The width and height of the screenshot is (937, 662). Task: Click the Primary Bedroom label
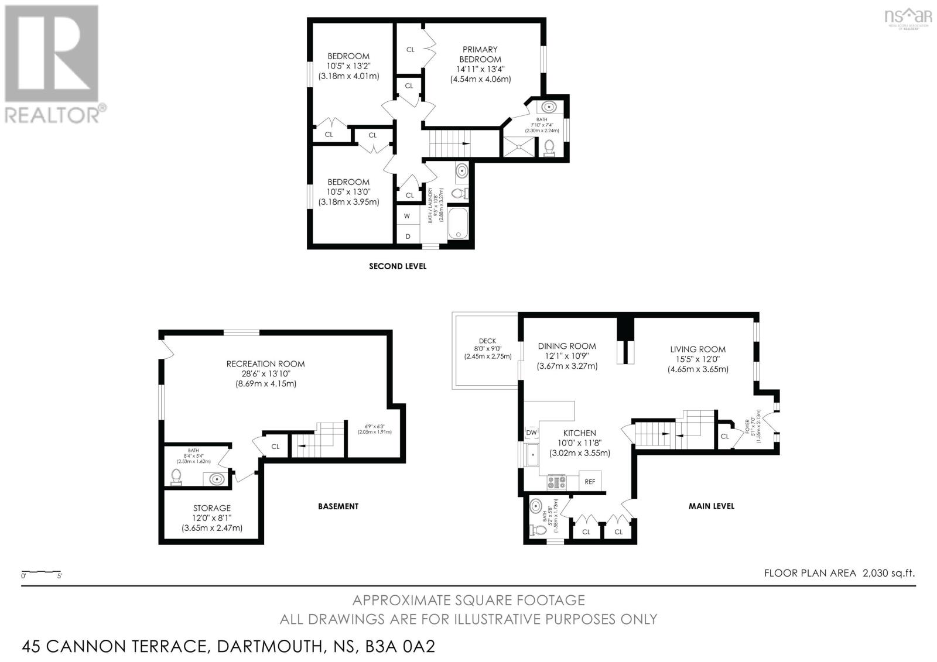pos(480,54)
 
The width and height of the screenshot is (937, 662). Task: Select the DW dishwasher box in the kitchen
pos(532,433)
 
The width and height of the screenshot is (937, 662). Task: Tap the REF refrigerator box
pos(590,482)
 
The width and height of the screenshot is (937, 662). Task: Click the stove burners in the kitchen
pos(556,482)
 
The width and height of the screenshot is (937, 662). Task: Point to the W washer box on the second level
pos(407,216)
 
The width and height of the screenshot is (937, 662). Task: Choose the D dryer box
pos(408,236)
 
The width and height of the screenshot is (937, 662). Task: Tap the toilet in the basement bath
pos(176,477)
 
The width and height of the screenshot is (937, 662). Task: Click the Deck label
pos(487,341)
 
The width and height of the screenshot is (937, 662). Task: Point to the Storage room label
pos(212,508)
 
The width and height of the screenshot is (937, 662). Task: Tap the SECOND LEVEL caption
pos(398,266)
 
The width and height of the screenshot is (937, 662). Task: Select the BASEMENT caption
pos(338,506)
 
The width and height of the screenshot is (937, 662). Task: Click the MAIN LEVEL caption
pos(711,506)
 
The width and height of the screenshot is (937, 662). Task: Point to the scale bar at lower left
pos(41,572)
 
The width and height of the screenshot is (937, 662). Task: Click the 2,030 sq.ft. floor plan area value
pos(888,573)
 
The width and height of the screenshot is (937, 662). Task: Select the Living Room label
pos(697,349)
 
